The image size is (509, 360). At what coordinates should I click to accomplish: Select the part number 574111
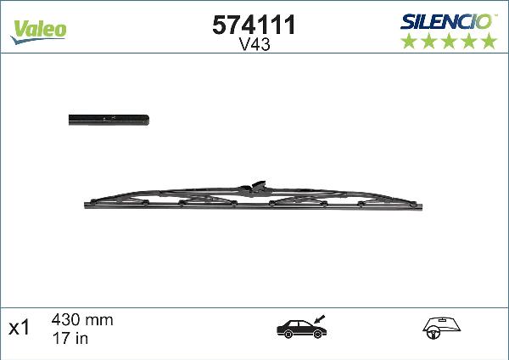pos(252,25)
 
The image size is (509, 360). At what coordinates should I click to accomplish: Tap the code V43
pos(252,46)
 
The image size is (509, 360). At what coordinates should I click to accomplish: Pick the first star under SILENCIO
pos(408,41)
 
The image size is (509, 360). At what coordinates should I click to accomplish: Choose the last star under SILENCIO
pos(488,41)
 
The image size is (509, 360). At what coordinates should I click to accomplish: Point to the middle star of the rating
pos(448,41)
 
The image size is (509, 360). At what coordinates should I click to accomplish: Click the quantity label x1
pos(20,329)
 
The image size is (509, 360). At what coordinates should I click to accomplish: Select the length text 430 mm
pos(82,320)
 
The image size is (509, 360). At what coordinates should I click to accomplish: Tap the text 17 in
pos(71,337)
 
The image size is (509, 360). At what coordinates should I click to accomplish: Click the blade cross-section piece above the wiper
pos(108,120)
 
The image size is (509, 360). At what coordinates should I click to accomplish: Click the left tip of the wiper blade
pos(87,204)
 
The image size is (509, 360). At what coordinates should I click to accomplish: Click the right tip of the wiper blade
pos(421,204)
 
